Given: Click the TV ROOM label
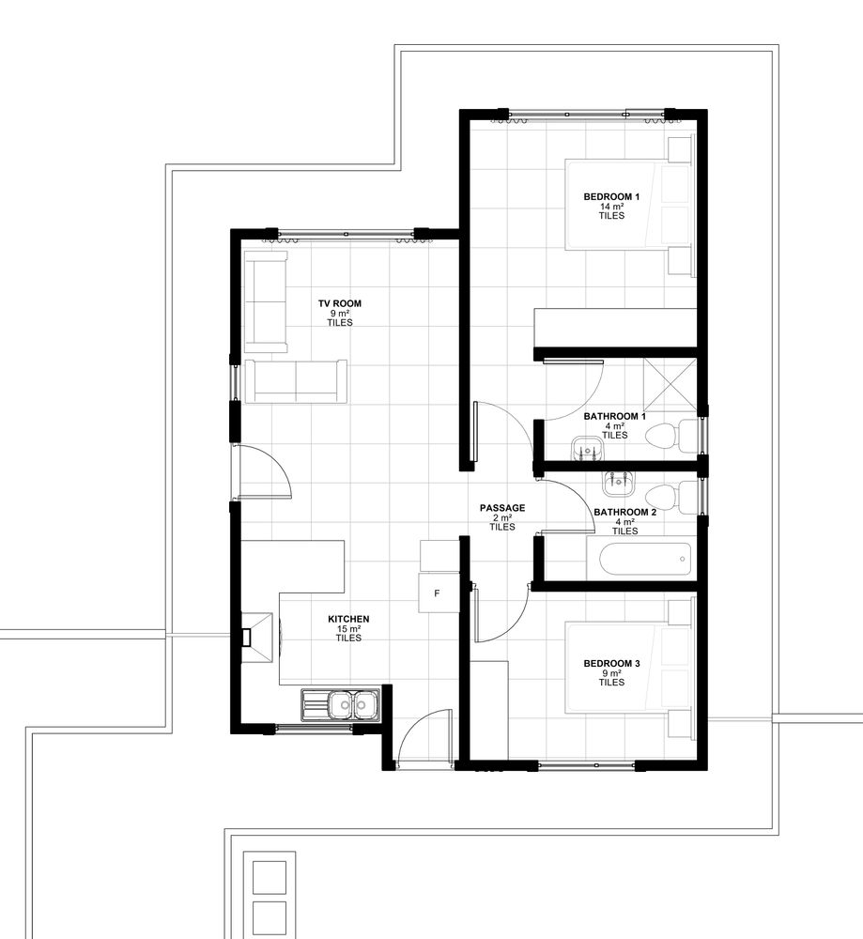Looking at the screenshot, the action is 340,303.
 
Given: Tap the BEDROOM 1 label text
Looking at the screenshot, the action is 611,196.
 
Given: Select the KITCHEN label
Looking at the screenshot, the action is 348,619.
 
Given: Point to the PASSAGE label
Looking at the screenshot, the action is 502,508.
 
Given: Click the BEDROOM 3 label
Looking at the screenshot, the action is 611,664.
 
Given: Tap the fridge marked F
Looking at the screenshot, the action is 439,593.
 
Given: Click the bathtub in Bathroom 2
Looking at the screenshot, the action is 645,560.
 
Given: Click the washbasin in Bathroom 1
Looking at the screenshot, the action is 587,449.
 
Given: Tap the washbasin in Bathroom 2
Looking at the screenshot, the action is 618,483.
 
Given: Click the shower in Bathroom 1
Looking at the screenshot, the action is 670,384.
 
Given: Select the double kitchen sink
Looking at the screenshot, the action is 340,705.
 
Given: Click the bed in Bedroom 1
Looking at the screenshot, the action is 630,204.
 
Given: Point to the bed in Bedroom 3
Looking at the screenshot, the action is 630,669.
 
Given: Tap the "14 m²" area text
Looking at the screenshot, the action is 611,206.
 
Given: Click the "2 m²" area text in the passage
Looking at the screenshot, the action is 502,517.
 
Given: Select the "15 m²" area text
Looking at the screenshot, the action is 348,629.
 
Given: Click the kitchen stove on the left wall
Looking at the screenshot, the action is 257,638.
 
